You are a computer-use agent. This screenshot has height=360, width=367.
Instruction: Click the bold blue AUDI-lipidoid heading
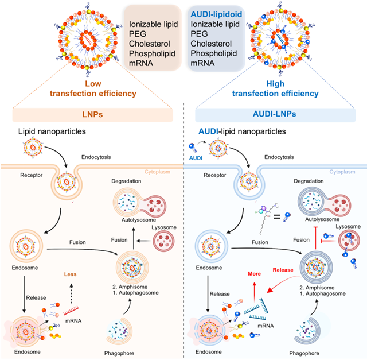(x=216, y=14)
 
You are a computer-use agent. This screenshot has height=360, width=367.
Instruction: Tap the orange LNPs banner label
(x=92, y=114)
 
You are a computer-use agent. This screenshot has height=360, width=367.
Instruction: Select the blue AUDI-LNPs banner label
(x=274, y=114)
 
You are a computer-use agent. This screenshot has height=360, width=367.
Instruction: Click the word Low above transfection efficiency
(x=93, y=84)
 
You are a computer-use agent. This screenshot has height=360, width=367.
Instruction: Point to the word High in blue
(x=275, y=84)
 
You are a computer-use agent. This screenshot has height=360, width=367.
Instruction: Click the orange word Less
(x=70, y=274)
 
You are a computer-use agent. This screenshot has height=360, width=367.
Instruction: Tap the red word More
(x=254, y=274)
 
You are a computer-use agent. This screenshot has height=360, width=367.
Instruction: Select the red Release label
(x=283, y=270)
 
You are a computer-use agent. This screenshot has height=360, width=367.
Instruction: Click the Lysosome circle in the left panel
(x=163, y=241)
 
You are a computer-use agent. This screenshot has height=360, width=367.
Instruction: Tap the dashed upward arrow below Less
(x=71, y=293)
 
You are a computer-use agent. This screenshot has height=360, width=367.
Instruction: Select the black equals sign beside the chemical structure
(x=277, y=217)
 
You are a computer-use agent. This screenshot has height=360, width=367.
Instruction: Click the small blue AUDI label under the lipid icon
(x=196, y=158)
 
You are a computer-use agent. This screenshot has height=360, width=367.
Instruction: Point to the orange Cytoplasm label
(x=157, y=172)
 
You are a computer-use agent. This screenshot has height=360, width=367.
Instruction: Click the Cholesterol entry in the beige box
(x=150, y=44)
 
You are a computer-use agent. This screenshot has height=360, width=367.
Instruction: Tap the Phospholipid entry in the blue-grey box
(x=214, y=53)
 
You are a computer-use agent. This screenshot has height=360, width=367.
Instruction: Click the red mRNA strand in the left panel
(x=71, y=311)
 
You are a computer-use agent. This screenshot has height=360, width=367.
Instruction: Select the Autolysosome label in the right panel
(x=322, y=219)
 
